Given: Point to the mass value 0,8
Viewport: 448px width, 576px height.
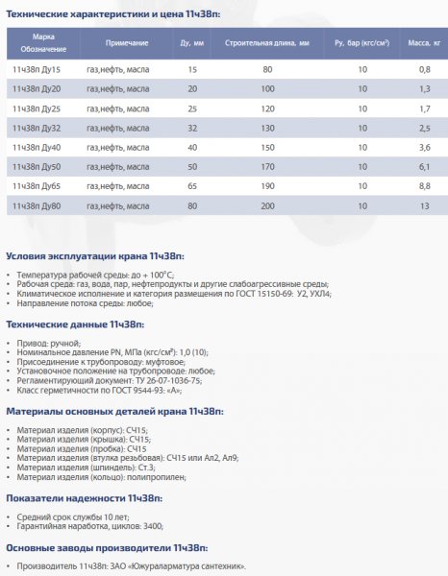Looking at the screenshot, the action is tap(423, 71).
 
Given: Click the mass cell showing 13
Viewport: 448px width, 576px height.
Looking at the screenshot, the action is tap(423, 204).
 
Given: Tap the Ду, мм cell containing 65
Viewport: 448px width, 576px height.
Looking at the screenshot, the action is tap(192, 185).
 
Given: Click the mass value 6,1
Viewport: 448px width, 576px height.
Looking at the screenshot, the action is tap(423, 166).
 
